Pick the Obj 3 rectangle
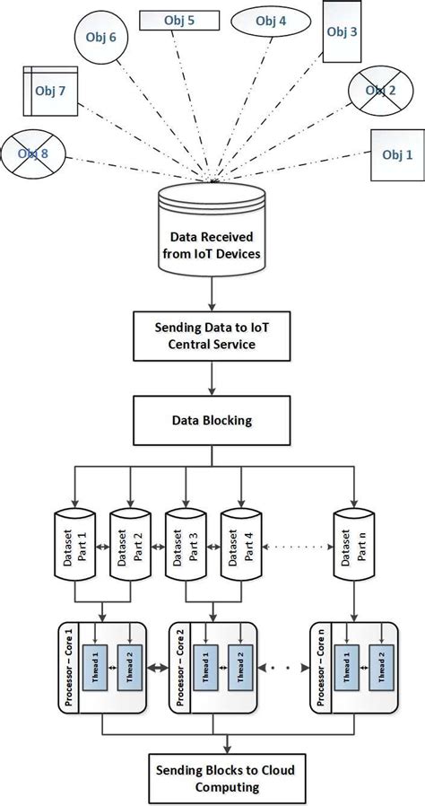tap(341, 32)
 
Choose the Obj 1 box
tap(397, 154)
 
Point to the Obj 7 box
tap(50, 91)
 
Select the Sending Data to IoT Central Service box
tap(212, 335)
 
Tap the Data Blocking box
tap(212, 418)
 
